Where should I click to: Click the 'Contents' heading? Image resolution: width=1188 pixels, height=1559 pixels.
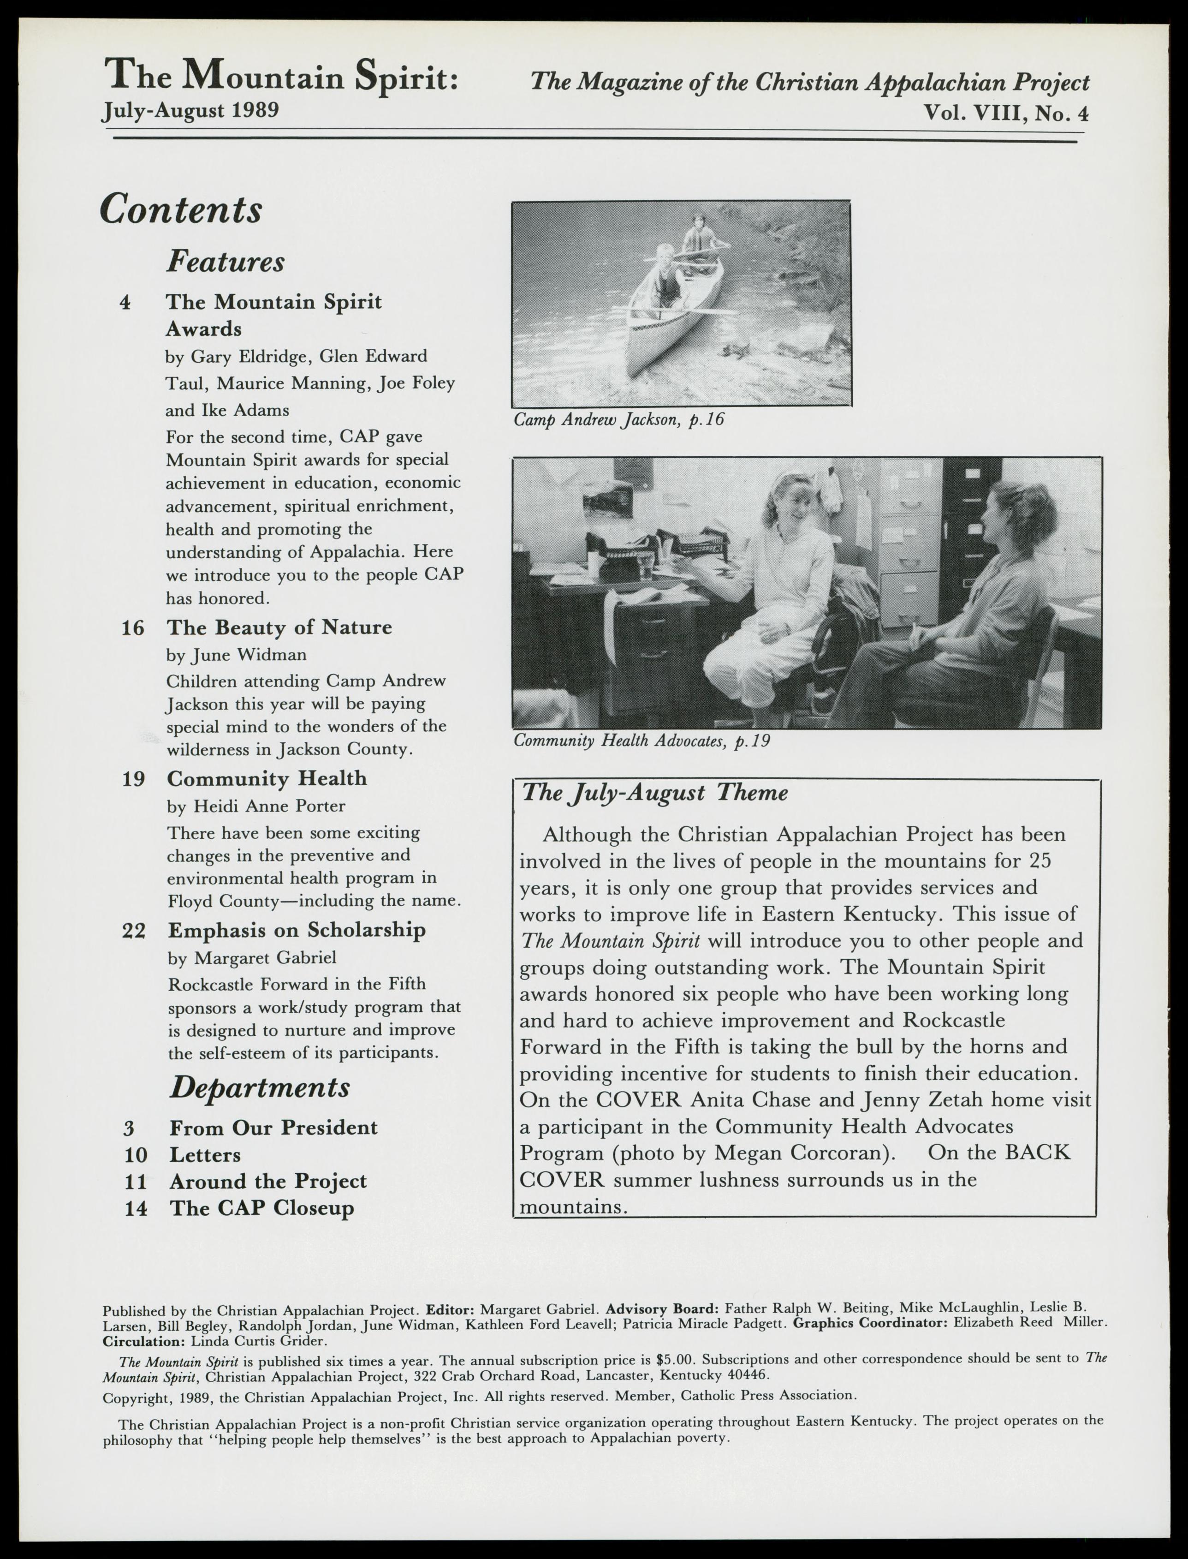(181, 209)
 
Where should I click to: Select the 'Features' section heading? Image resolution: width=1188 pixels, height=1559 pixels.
(226, 262)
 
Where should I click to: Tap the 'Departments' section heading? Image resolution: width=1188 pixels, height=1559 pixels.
(260, 1087)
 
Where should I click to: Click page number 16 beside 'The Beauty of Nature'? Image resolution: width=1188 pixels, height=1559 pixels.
(133, 628)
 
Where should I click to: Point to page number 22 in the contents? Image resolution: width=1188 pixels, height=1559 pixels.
(134, 931)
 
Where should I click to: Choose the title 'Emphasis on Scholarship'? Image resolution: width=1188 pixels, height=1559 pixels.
(296, 930)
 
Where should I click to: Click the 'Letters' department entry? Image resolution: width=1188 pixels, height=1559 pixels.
(205, 1155)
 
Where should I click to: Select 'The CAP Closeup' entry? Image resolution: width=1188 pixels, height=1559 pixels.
(261, 1208)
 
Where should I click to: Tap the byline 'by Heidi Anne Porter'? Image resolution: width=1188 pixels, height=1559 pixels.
(256, 806)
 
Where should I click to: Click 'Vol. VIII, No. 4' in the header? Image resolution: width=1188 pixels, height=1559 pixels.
(1005, 113)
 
